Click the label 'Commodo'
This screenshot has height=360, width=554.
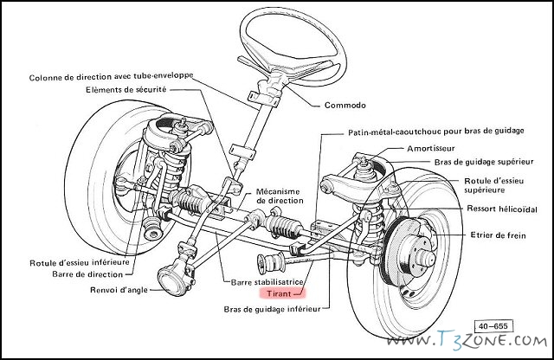[x=345, y=106]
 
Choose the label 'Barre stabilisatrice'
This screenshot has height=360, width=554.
[x=267, y=282]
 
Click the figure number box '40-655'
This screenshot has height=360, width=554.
[x=493, y=326]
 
